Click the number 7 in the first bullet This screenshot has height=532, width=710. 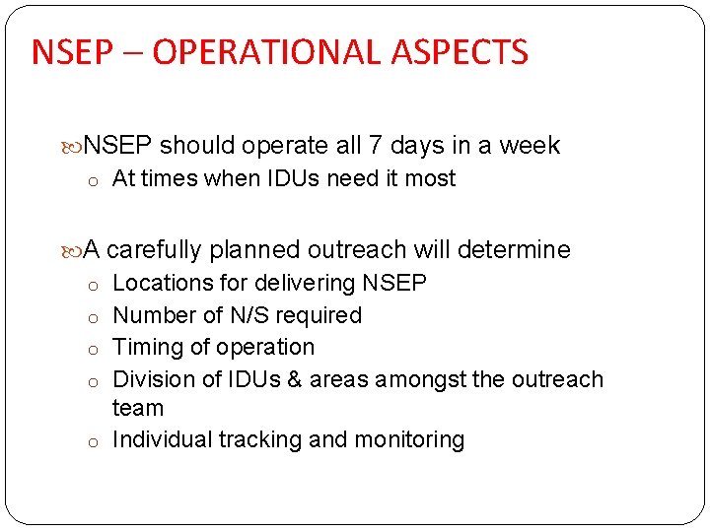(376, 146)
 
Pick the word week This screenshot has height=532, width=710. (529, 146)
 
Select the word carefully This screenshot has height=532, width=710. (155, 249)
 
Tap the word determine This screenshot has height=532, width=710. (517, 249)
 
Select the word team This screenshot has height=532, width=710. (138, 407)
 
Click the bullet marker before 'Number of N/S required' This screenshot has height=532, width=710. (91, 317)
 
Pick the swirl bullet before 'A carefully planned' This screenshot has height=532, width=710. (75, 250)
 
